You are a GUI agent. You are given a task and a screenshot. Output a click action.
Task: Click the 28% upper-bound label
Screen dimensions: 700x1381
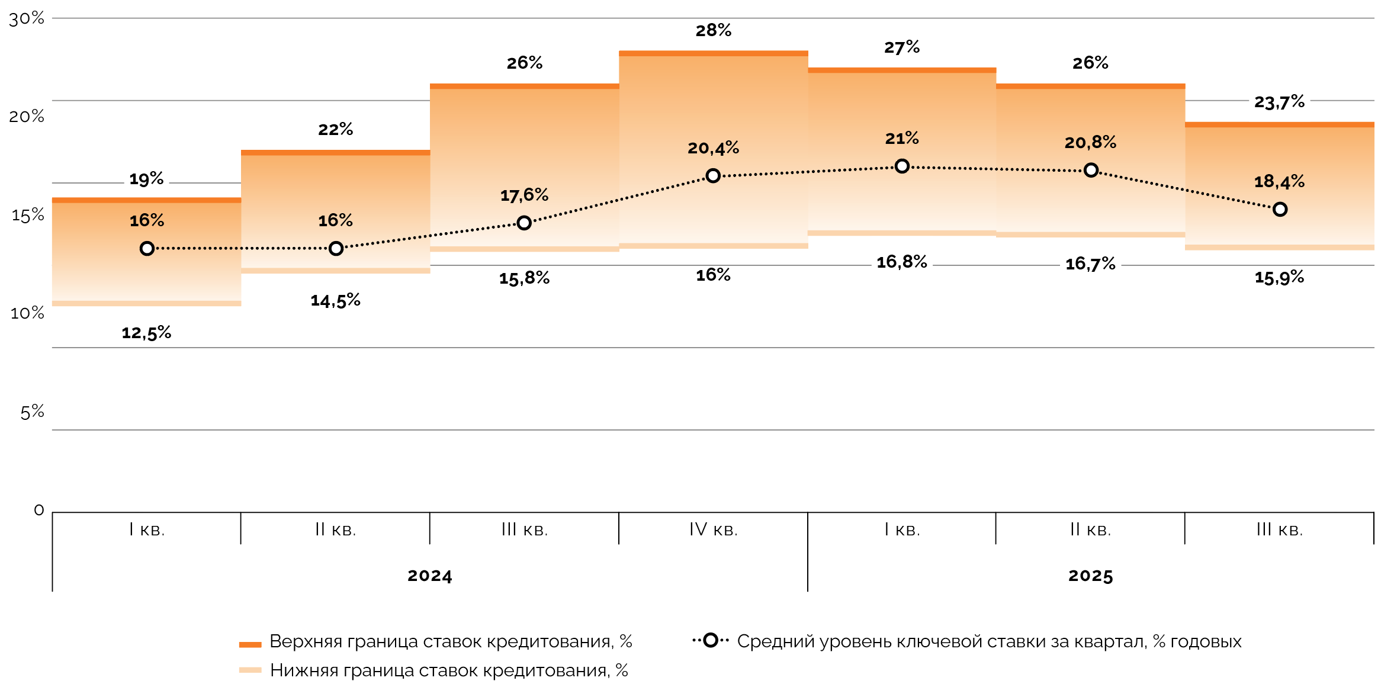point(713,30)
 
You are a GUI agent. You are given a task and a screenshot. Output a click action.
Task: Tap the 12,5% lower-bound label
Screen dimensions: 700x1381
point(146,333)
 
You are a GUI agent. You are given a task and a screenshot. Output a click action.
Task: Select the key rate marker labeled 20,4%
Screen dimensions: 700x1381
point(713,176)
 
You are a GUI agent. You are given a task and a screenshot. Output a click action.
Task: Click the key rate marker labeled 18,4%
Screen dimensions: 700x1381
point(1280,209)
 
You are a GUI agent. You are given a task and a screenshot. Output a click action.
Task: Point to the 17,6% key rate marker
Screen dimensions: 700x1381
point(524,223)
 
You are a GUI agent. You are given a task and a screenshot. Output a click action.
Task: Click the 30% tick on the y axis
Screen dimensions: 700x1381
point(27,18)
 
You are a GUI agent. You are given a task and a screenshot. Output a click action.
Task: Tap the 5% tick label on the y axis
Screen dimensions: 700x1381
point(32,412)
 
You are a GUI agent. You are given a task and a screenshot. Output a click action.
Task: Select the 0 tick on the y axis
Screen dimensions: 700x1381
point(39,510)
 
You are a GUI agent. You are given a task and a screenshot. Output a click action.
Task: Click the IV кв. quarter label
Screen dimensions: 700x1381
point(713,529)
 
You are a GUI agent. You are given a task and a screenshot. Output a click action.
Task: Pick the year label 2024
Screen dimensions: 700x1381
point(429,576)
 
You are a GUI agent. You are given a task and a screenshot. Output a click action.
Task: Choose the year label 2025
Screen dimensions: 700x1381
point(1090,576)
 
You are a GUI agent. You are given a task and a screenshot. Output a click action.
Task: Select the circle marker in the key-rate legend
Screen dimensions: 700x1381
point(711,640)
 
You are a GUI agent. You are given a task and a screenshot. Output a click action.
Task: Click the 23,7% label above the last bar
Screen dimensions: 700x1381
point(1279,102)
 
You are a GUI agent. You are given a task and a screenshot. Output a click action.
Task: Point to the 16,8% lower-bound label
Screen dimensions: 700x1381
point(901,262)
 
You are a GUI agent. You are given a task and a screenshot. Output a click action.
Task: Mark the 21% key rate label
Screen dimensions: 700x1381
point(901,139)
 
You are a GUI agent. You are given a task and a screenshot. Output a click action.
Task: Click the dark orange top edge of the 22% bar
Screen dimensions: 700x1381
point(335,153)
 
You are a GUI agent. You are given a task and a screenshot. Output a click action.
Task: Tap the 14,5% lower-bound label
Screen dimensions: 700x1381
point(335,300)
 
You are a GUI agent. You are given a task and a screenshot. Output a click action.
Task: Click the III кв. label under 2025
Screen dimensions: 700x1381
point(1279,529)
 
